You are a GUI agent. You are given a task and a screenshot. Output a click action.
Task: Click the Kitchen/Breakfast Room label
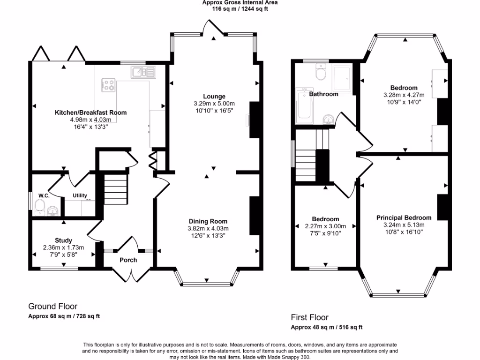(90, 112)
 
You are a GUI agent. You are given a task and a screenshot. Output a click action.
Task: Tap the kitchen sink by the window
(140, 72)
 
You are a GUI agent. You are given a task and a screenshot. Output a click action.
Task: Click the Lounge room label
(214, 97)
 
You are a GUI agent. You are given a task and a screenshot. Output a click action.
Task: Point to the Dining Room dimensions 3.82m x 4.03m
(208, 228)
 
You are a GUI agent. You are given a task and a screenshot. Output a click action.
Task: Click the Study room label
(63, 240)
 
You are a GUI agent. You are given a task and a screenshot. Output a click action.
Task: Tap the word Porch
(128, 260)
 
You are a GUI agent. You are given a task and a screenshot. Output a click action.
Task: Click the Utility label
(80, 195)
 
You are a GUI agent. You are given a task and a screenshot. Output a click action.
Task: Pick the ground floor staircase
(115, 187)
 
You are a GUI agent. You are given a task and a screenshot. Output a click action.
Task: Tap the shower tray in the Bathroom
(341, 79)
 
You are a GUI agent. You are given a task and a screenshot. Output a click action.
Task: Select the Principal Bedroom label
(404, 217)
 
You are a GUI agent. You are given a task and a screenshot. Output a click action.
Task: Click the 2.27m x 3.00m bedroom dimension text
(325, 226)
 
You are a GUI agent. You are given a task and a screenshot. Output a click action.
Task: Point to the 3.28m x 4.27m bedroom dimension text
(404, 95)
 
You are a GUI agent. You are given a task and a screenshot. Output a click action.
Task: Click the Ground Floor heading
(53, 307)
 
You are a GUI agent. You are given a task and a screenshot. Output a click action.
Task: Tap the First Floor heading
(309, 317)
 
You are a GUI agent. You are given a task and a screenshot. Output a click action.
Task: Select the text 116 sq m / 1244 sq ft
(240, 9)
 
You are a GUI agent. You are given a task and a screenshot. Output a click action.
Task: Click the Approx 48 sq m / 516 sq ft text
(326, 327)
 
